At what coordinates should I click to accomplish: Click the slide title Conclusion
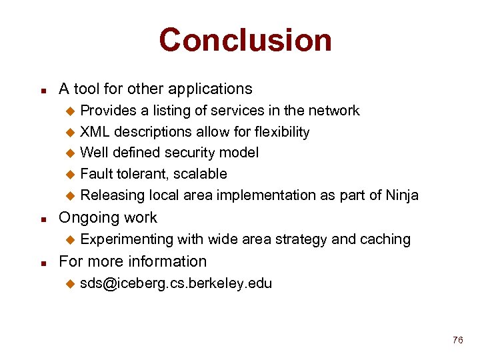245,40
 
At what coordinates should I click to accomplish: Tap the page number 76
457,341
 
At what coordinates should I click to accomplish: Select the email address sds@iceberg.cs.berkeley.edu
176,283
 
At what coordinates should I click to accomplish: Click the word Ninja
401,195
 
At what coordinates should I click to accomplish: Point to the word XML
95,132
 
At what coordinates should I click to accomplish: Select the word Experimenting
125,239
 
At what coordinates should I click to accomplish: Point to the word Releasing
112,195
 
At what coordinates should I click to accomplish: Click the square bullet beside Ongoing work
43,219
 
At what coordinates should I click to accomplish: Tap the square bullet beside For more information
43,262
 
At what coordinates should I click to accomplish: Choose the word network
334,111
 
